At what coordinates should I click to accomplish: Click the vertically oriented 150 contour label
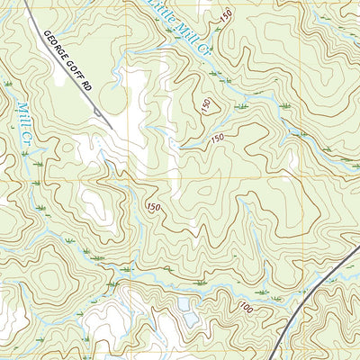click(x=208, y=105)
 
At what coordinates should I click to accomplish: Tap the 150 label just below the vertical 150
click(x=217, y=138)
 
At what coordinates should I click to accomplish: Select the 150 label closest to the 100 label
click(x=153, y=208)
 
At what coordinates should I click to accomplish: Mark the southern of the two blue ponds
click(x=188, y=320)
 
